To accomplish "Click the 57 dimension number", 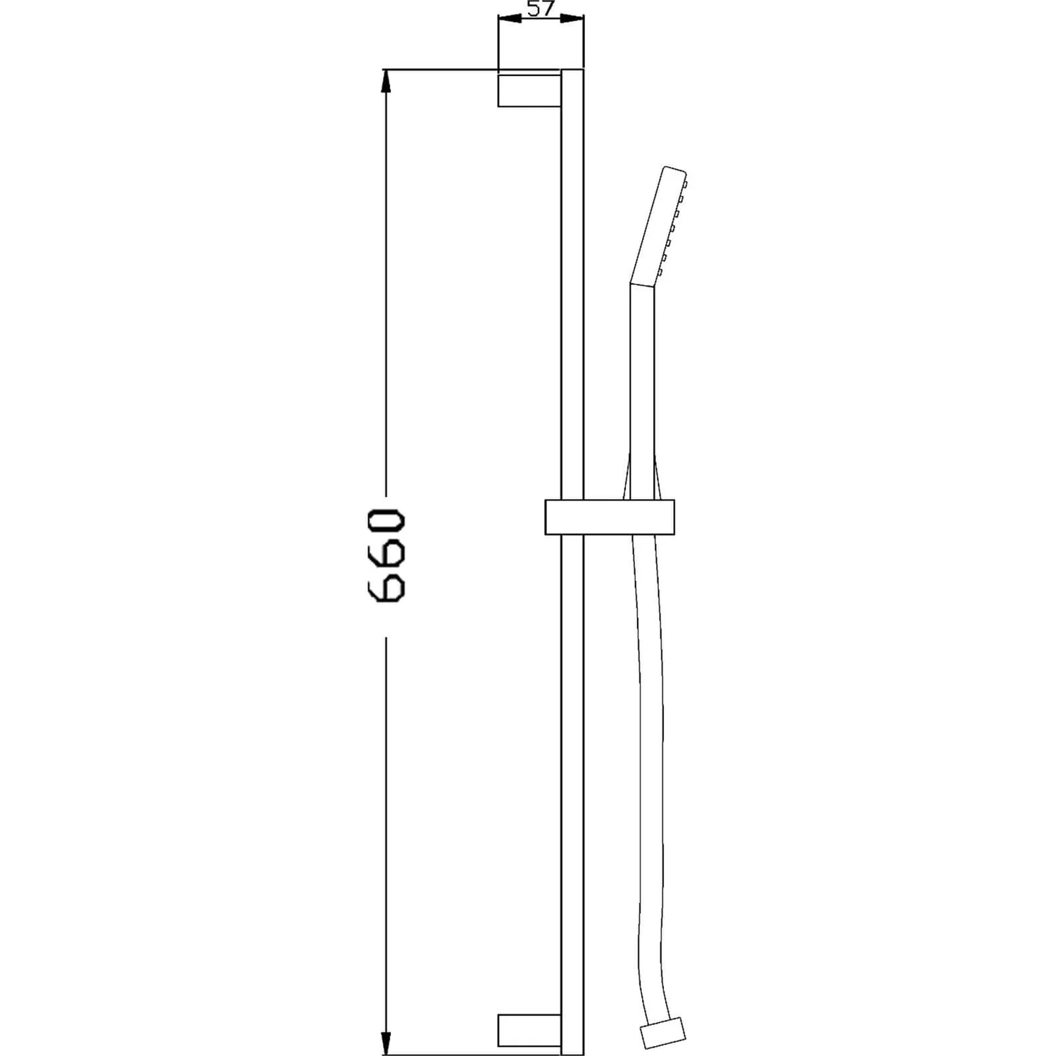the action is pyautogui.click(x=541, y=8).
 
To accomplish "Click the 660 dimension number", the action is pyautogui.click(x=386, y=557).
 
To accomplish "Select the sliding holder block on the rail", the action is pyautogui.click(x=610, y=517).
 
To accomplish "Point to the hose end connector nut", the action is pyautogui.click(x=664, y=1029).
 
